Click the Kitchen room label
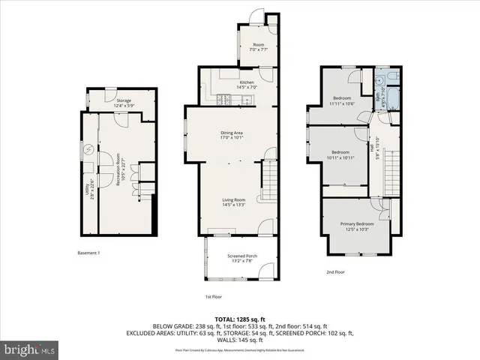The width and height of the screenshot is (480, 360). coord(247,82)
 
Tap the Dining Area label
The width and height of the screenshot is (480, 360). coord(237,133)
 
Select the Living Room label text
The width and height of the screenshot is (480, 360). coord(234,199)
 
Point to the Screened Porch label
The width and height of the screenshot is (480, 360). coord(242,256)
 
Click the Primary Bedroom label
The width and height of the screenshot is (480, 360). coord(357,224)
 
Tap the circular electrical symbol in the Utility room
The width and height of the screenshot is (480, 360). coord(88,149)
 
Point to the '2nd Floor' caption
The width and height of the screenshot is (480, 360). coord(335,271)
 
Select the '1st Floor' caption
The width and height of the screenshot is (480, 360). coord(214,297)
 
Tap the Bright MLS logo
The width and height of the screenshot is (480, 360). coord(30,349)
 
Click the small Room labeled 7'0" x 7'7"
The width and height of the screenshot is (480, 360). coord(259,46)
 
